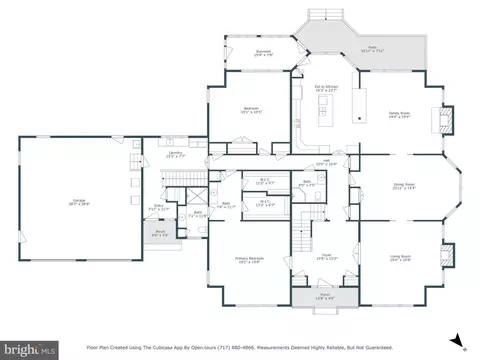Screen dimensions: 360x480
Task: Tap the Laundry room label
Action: tap(173, 154)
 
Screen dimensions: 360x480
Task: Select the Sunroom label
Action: tap(264, 52)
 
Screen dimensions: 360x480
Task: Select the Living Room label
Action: tap(400, 257)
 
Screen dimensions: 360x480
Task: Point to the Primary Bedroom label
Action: tap(248, 258)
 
